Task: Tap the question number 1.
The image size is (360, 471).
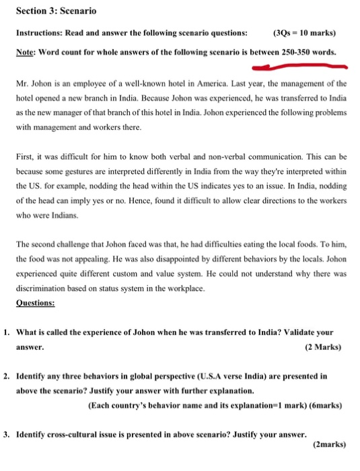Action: [6, 332]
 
